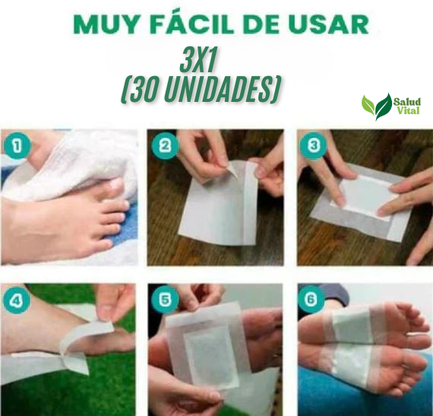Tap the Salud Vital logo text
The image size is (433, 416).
click(409, 106)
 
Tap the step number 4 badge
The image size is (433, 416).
click(16, 300)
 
